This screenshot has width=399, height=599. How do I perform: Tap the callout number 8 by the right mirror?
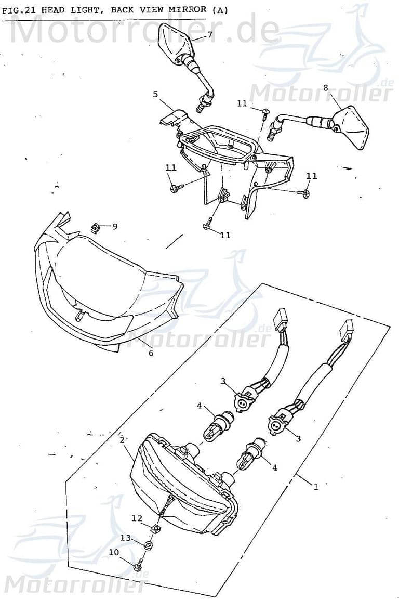[x=326, y=88]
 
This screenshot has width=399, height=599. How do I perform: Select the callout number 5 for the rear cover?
[x=155, y=94]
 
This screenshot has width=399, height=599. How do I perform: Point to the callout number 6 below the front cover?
[x=151, y=353]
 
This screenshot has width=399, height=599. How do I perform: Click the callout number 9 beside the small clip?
[x=115, y=226]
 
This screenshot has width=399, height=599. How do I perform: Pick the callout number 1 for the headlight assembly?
[x=315, y=487]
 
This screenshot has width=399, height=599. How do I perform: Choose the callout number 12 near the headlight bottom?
[x=137, y=518]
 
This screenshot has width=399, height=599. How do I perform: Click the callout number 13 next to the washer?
[x=126, y=537]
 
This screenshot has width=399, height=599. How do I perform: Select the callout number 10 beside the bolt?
[x=114, y=552]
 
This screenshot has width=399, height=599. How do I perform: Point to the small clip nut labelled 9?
[x=96, y=227]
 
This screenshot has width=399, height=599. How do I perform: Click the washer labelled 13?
[x=147, y=544]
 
